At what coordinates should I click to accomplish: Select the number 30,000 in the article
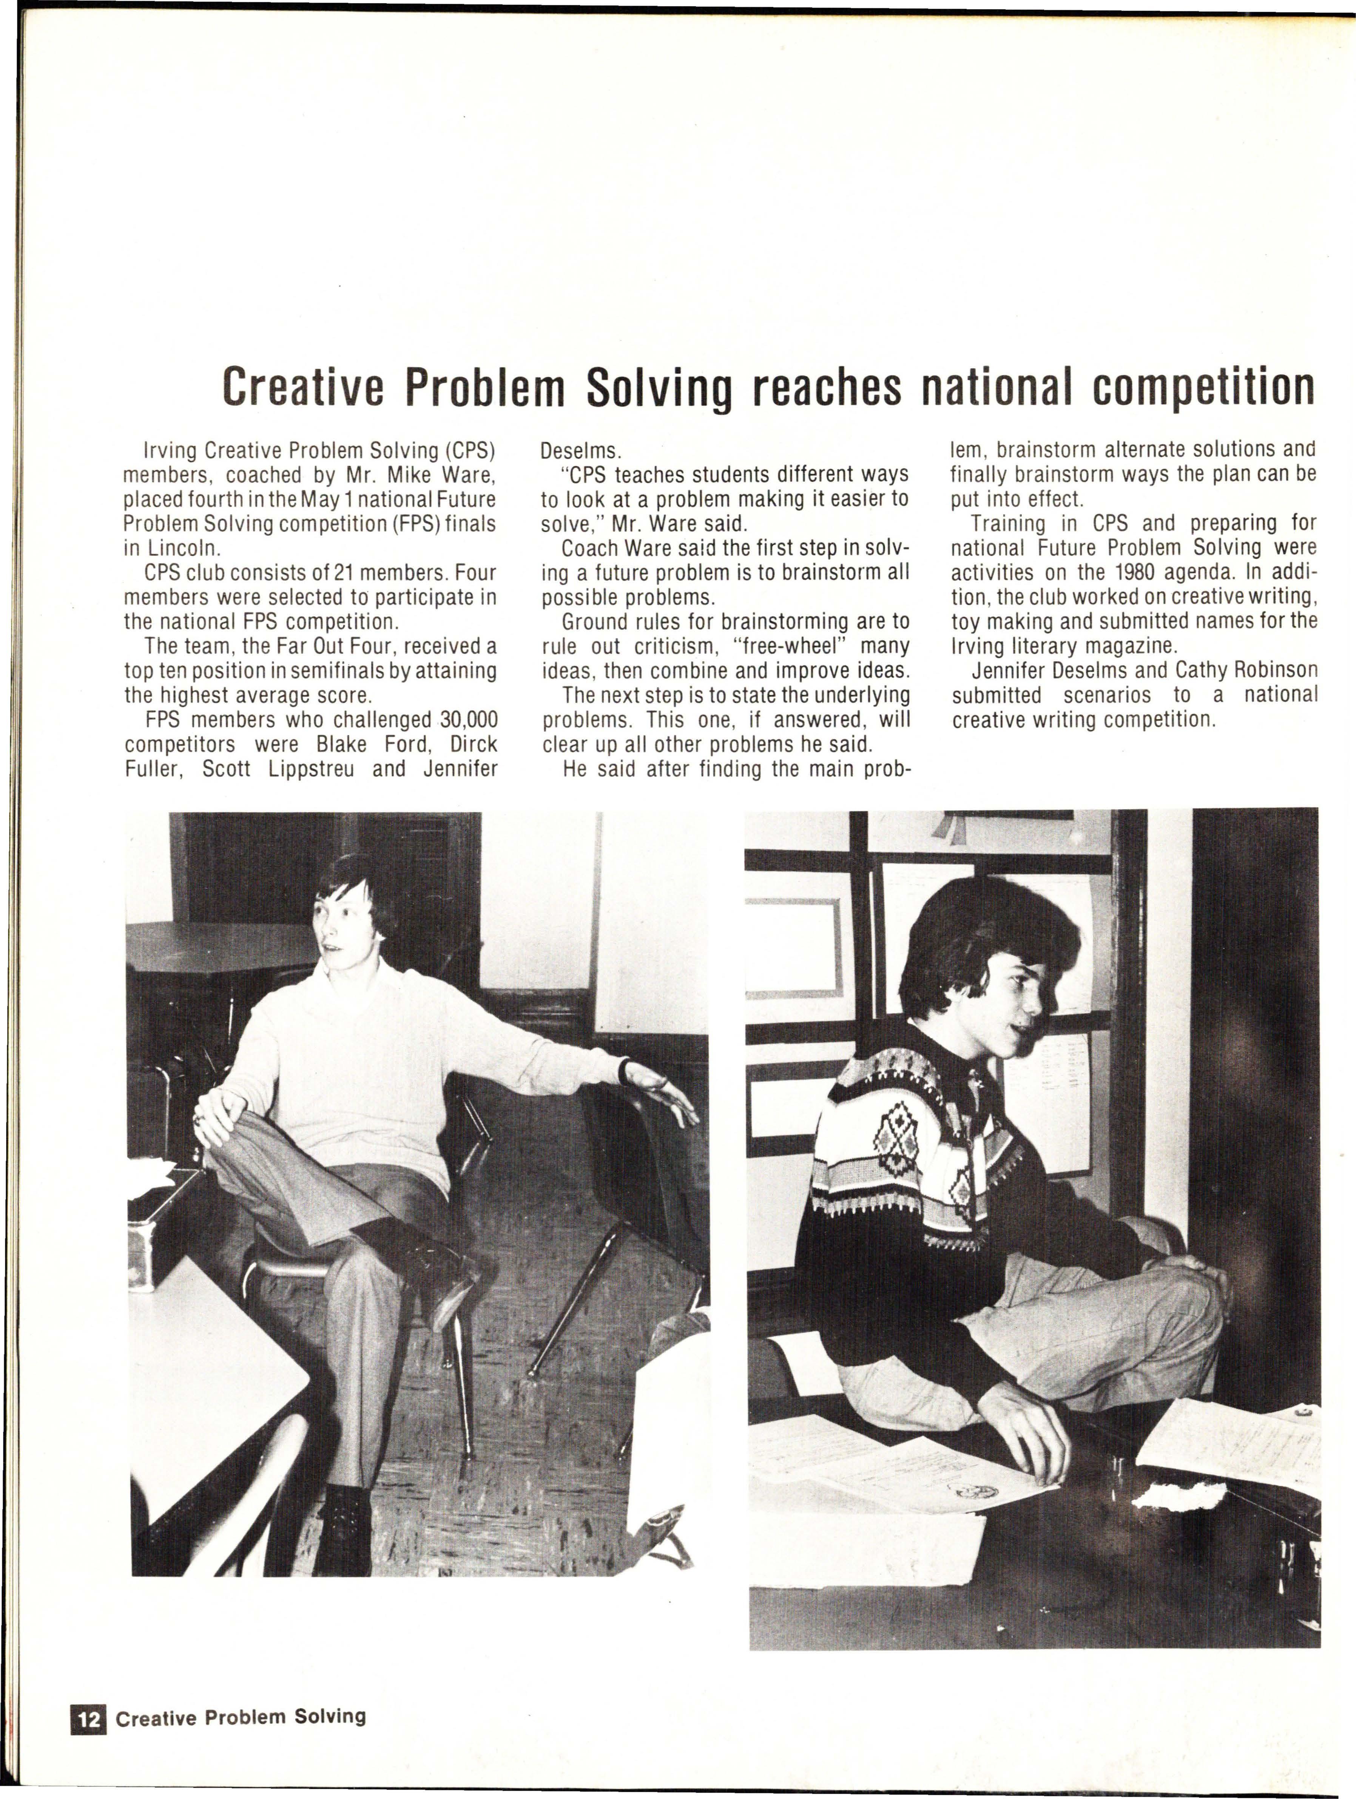tap(468, 720)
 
